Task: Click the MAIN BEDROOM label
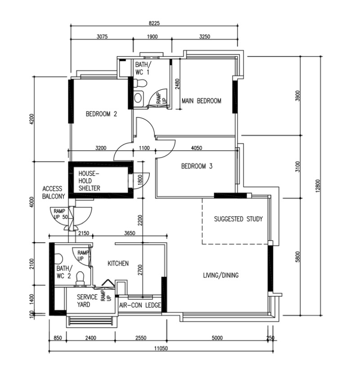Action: click(x=201, y=101)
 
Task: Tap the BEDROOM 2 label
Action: click(x=101, y=114)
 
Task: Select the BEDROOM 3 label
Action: click(x=197, y=166)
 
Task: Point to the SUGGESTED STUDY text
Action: click(x=238, y=219)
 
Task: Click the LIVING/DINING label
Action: click(x=220, y=275)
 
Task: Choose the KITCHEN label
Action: click(x=118, y=263)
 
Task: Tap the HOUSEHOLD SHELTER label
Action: click(x=89, y=181)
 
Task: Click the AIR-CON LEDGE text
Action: click(x=140, y=305)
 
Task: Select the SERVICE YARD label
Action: click(x=87, y=301)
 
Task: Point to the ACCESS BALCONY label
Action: click(x=53, y=193)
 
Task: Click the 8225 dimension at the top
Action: click(x=154, y=23)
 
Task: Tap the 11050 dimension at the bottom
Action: click(x=161, y=348)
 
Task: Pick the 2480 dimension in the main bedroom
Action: click(x=177, y=84)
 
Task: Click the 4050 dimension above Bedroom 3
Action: click(x=197, y=148)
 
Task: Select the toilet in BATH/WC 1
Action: click(x=140, y=83)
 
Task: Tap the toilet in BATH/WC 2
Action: click(x=81, y=279)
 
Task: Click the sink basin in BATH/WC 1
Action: click(x=138, y=98)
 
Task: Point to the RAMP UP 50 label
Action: click(x=60, y=214)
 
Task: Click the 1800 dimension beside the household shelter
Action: click(x=140, y=180)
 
